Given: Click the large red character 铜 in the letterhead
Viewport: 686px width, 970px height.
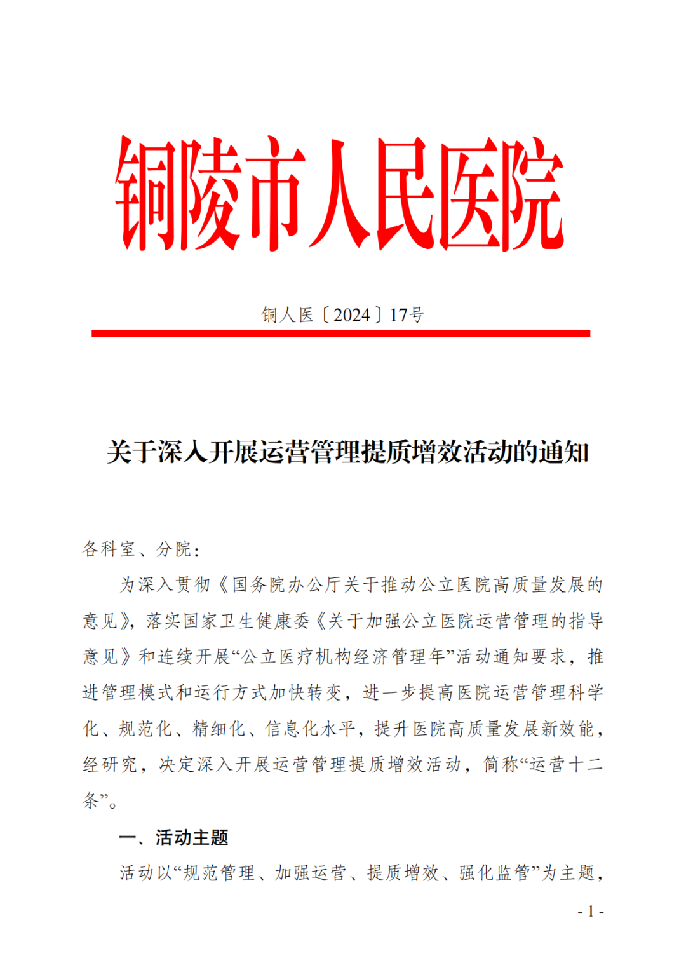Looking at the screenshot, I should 147,194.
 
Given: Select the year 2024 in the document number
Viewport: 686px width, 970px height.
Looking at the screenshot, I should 351,315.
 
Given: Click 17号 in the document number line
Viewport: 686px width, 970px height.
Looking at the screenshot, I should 407,315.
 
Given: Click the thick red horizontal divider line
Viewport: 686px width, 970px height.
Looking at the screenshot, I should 340,333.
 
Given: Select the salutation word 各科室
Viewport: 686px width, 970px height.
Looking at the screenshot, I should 109,549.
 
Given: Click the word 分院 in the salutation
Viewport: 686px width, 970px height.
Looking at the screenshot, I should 174,549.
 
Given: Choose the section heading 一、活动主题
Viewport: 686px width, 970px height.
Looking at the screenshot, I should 173,838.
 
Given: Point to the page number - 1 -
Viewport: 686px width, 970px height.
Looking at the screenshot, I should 590,912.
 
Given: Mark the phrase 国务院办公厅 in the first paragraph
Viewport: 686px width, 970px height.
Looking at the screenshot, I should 287,585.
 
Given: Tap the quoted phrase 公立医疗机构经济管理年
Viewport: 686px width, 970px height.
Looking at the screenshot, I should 343,657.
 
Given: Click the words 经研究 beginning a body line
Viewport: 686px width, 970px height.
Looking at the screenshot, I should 109,765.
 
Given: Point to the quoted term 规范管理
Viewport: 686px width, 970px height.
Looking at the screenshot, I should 219,873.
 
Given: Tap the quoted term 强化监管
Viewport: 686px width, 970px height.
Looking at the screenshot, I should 495,873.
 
